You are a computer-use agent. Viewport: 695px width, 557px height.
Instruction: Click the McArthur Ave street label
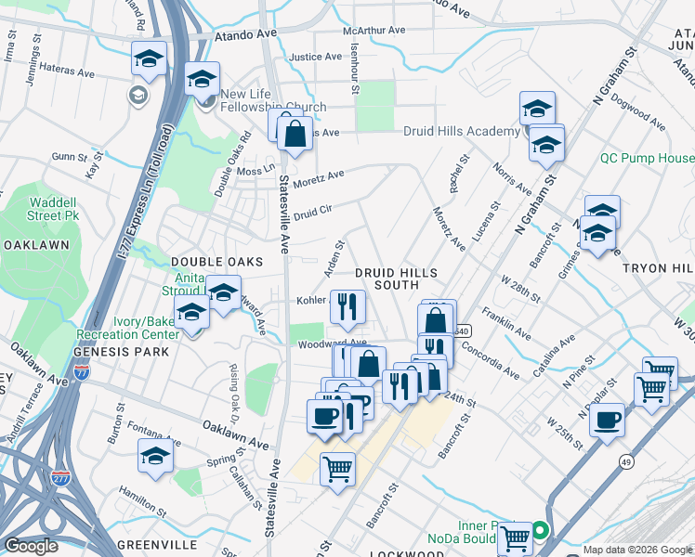(x=374, y=31)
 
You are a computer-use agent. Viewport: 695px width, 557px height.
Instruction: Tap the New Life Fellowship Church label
(x=273, y=100)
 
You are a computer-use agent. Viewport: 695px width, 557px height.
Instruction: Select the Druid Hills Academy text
(x=461, y=132)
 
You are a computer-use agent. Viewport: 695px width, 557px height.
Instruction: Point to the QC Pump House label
(x=647, y=158)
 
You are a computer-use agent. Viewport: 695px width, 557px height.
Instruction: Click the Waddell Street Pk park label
(x=53, y=209)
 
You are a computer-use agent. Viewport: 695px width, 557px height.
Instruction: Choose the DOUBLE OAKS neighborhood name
(x=212, y=263)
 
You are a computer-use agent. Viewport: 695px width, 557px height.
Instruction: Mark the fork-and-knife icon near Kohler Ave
(x=347, y=304)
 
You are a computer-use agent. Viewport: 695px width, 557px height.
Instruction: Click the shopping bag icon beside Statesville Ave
(x=295, y=133)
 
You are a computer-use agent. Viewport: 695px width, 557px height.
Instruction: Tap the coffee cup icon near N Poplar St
(x=607, y=419)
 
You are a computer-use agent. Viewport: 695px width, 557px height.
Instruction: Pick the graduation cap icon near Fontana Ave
(x=155, y=456)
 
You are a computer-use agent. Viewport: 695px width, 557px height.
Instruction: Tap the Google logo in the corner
(x=32, y=545)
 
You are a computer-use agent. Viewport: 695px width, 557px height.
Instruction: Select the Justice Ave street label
(x=317, y=57)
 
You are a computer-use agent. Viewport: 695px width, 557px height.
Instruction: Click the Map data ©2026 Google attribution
(x=636, y=550)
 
